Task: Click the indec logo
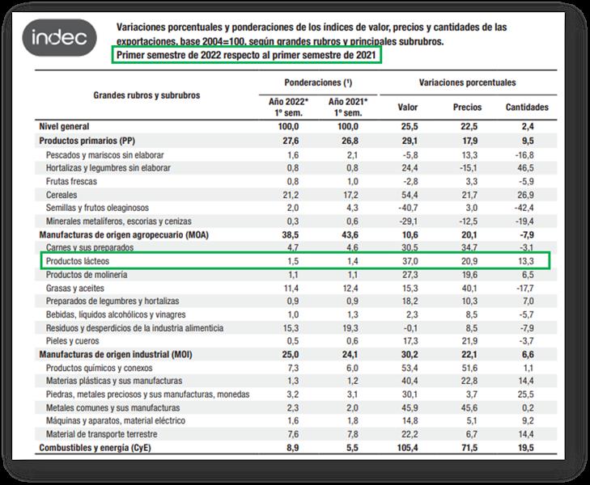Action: pyautogui.click(x=64, y=37)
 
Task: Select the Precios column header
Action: pyautogui.click(x=467, y=107)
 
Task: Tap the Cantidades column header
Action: pyautogui.click(x=527, y=107)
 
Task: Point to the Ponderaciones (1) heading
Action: pyautogui.click(x=318, y=83)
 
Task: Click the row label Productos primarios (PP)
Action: pyautogui.click(x=86, y=141)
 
